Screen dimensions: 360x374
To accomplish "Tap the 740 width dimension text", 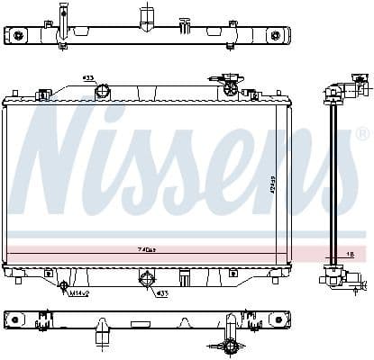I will tap(146, 249).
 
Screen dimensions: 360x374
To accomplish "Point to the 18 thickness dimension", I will tap(350, 255).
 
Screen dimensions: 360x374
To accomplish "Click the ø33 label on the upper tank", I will tap(89, 77).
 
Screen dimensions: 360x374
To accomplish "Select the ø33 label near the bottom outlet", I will tap(161, 293).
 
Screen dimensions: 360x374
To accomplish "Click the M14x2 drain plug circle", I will tap(63, 287).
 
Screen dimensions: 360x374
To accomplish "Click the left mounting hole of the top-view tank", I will tap(18, 35).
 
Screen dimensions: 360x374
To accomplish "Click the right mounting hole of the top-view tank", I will tap(276, 35).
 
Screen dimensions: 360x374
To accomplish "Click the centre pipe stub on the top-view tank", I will tap(144, 18).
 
